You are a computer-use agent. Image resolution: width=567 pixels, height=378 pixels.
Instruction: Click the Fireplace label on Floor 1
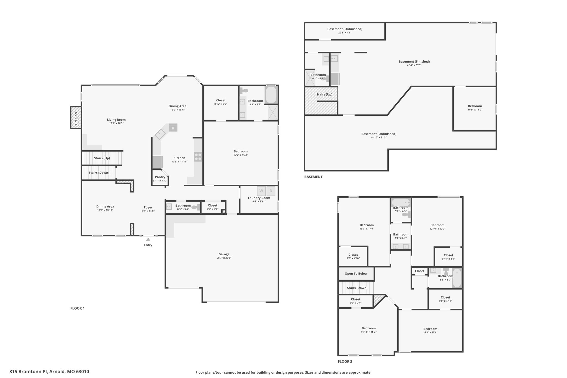(76, 117)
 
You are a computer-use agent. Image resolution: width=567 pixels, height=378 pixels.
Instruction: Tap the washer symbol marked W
(261, 191)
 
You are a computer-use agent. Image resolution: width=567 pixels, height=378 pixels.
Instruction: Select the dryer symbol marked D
(271, 191)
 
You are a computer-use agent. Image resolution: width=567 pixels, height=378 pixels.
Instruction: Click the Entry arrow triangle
(148, 240)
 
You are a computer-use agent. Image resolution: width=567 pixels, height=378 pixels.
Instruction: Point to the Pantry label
(160, 177)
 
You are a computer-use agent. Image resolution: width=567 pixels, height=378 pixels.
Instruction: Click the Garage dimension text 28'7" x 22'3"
(224, 258)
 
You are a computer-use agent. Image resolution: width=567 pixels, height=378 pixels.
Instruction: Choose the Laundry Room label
(259, 198)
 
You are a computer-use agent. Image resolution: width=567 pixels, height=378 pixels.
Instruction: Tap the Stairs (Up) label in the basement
(324, 94)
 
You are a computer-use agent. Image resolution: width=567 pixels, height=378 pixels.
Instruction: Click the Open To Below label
(356, 274)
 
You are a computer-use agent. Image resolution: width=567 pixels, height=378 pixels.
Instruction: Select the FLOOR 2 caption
(345, 361)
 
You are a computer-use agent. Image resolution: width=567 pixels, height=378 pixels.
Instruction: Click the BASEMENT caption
(313, 177)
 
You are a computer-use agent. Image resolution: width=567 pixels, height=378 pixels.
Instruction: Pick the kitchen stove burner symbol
(198, 157)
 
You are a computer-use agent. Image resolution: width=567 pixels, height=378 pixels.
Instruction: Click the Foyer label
(148, 207)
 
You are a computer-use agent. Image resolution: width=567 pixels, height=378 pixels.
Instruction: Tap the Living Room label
(116, 120)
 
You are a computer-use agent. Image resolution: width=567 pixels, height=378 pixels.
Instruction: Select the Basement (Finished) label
(414, 61)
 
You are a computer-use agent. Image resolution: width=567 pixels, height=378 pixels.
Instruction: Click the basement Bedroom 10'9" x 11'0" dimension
(475, 110)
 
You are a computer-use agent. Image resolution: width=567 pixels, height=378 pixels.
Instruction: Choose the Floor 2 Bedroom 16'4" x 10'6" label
(430, 329)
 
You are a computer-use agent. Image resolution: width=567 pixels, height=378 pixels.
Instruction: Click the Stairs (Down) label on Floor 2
(357, 288)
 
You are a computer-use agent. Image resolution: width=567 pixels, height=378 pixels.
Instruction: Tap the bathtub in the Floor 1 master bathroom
(271, 95)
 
